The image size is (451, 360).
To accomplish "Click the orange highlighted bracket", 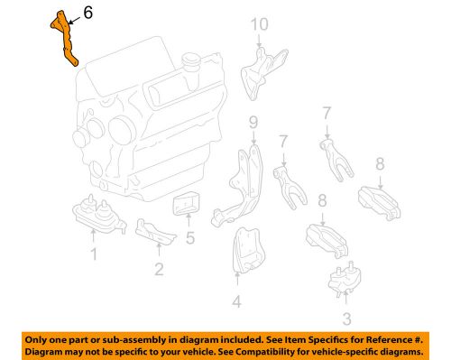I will (x=63, y=38).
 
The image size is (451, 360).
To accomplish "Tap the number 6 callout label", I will (x=87, y=14).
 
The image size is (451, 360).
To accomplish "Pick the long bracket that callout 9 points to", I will (x=242, y=185).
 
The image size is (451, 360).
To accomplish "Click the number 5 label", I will (x=190, y=238).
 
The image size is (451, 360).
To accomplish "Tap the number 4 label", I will (x=236, y=300).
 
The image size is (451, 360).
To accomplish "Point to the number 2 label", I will (x=159, y=268).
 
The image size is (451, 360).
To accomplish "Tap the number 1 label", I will (x=92, y=256).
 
